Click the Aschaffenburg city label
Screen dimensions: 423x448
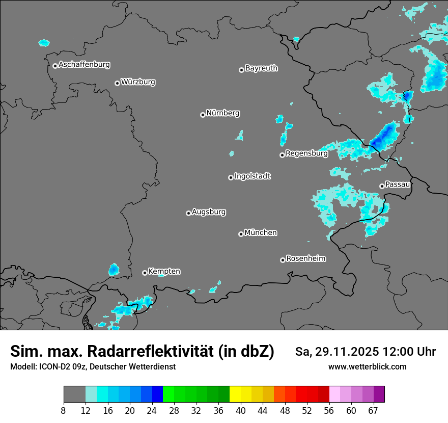[84, 65]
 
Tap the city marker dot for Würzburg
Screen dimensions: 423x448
[117, 83]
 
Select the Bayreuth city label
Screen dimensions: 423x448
[261, 68]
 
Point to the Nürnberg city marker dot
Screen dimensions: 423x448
[203, 115]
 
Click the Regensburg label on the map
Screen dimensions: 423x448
[306, 153]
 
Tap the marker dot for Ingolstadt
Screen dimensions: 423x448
[231, 177]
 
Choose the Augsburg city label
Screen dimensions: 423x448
[209, 211]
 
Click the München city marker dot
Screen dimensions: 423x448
[241, 234]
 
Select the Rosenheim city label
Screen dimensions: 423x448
[305, 258]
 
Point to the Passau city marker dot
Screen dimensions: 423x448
[382, 186]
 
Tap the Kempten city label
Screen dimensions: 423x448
[164, 271]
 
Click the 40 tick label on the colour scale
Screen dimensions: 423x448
[241, 411]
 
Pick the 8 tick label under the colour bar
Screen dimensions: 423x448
[64, 411]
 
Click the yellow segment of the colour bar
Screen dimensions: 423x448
[235, 394]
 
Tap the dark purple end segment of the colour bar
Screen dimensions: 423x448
[379, 394]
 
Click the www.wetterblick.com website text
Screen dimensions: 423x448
[368, 367]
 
